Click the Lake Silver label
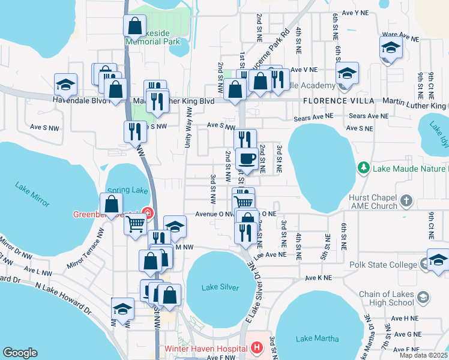(x=220, y=287)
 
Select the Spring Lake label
(x=128, y=190)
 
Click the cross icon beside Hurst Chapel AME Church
(x=406, y=200)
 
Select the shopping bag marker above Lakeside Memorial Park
(x=134, y=26)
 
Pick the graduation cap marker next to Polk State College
(x=438, y=260)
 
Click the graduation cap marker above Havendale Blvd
(x=65, y=85)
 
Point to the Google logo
(x=20, y=353)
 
